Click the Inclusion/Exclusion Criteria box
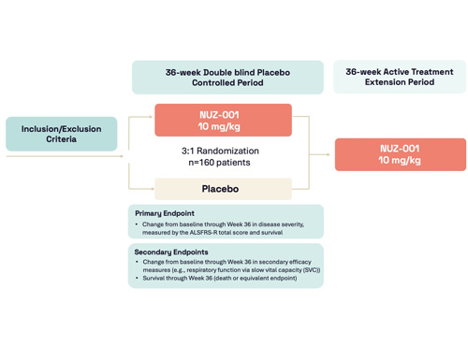(61, 134)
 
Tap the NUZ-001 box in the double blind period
(223, 120)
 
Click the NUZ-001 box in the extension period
(400, 154)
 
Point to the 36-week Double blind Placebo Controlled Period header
(227, 78)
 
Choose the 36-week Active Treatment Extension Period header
(399, 77)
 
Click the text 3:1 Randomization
(220, 151)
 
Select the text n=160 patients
(220, 163)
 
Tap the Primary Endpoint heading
(165, 213)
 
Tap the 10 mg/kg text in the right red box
(400, 161)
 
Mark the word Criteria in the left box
(61, 140)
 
